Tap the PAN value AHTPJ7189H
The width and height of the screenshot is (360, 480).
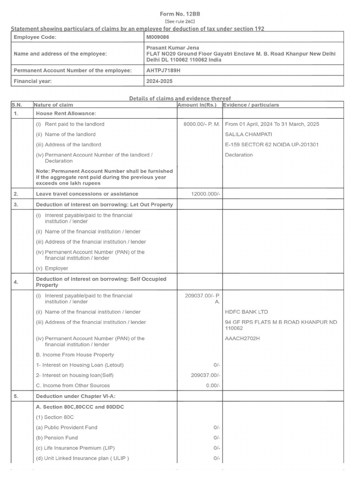[x=163, y=70]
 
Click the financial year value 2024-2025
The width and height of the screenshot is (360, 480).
[x=160, y=81]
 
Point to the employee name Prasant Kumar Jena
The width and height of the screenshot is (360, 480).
[x=172, y=48]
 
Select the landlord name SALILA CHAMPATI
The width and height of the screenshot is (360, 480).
[x=248, y=135]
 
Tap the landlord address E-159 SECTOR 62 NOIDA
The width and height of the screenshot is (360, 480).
[x=272, y=144]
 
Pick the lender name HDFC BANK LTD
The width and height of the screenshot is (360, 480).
[x=247, y=312]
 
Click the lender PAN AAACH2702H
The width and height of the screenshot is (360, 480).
[x=242, y=338]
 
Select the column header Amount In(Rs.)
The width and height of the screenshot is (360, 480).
[x=197, y=105]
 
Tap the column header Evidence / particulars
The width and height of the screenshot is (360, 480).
[x=251, y=105]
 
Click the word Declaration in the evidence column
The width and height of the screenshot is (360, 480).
[x=239, y=155]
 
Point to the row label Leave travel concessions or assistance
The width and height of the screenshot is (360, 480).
[x=87, y=194]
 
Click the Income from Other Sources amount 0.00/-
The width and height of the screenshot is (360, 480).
[x=213, y=385]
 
